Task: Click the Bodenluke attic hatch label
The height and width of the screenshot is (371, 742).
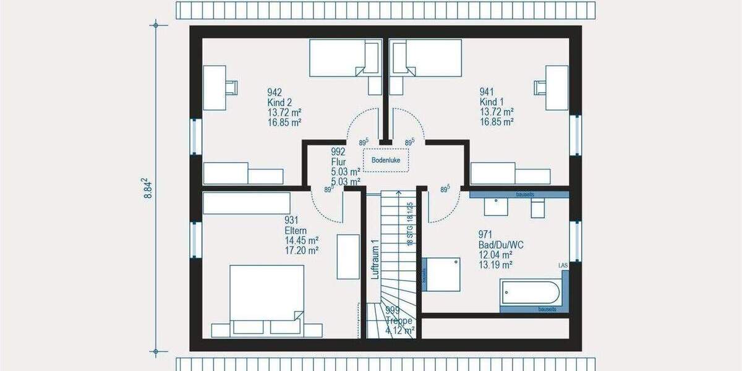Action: point(386,160)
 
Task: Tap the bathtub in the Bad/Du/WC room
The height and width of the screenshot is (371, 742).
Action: point(531,292)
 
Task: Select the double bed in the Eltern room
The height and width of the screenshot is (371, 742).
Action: point(267,297)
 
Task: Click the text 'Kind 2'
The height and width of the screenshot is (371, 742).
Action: point(279,103)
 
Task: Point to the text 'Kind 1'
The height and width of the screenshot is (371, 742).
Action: point(492,103)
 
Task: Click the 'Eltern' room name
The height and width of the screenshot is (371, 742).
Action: point(296,231)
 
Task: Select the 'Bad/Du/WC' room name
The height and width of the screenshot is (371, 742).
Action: point(501,244)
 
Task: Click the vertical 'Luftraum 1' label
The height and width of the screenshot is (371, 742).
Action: point(374,259)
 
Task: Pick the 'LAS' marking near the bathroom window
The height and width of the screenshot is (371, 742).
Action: point(563,266)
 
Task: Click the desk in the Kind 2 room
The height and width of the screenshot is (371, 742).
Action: point(215,88)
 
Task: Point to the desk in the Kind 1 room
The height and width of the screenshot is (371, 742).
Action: point(557,88)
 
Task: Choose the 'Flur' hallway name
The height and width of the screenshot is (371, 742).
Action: point(338,162)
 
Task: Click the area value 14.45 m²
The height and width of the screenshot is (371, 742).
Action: point(301,241)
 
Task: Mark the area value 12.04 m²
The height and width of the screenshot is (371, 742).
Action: point(495,255)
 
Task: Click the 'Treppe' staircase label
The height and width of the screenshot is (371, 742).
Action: point(399,321)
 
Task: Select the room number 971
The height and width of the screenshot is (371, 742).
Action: point(485,234)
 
